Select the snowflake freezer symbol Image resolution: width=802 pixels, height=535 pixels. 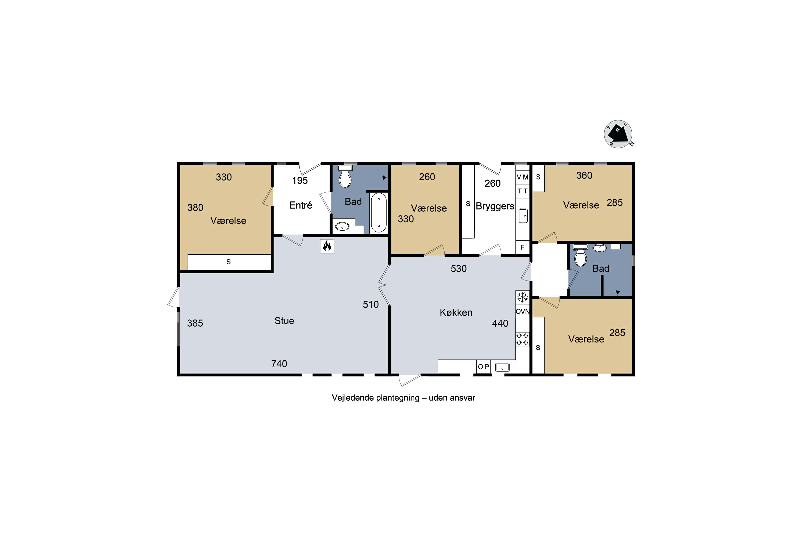pos(522,297)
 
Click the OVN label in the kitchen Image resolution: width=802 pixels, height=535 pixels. pos(522,311)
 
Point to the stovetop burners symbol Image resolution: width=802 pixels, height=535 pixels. pos(522,339)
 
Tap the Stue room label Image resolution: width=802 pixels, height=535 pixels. pos(284,321)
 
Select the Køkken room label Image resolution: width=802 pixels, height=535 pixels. pos(456,312)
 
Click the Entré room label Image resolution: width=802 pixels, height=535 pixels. pos(300,205)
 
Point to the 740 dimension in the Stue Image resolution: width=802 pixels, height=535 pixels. pos(279,364)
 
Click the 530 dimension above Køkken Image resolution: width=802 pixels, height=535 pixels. pos(459,269)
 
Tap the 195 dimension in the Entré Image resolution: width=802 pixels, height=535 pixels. pos(300,181)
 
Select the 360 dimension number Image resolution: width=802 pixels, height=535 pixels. pos(584,175)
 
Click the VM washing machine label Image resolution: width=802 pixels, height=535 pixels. pos(522,177)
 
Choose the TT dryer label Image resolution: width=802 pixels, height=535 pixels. pos(522,191)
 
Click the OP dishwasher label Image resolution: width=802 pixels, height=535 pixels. pos(483,367)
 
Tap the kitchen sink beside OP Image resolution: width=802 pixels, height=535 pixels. pos(502,367)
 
